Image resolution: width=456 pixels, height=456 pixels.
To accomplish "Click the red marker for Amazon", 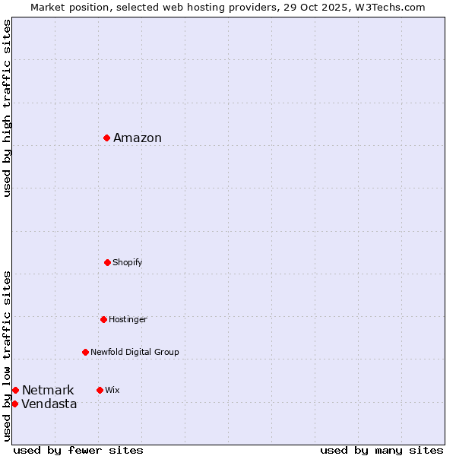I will pyautogui.click(x=107, y=138).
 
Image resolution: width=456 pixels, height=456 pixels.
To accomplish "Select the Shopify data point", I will pyautogui.click(x=107, y=262).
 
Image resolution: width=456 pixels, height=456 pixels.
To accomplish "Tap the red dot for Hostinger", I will pyautogui.click(x=103, y=319).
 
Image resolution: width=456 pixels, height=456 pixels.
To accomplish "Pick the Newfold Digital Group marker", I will pyautogui.click(x=85, y=352).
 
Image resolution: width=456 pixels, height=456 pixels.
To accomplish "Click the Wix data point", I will pyautogui.click(x=100, y=390).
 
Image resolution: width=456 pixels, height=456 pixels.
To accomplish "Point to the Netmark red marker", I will pyautogui.click(x=15, y=390).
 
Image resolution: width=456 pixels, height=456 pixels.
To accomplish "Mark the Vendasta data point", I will pyautogui.click(x=14, y=404).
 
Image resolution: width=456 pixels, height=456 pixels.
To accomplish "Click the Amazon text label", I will pyautogui.click(x=138, y=138).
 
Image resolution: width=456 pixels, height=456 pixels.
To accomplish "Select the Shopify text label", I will pyautogui.click(x=128, y=262).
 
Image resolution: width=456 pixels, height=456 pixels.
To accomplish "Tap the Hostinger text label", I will pyautogui.click(x=128, y=319).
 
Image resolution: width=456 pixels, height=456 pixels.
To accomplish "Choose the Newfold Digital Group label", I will pyautogui.click(x=135, y=352).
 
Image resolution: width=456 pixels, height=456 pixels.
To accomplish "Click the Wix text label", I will pyautogui.click(x=112, y=390).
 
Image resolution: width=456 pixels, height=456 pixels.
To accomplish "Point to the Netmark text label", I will pyautogui.click(x=48, y=390).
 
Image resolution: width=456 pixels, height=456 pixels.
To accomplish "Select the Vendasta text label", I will pyautogui.click(x=49, y=404).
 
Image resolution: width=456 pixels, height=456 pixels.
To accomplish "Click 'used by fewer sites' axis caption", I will pyautogui.click(x=78, y=450).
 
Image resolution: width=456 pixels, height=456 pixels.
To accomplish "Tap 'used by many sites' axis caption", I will pyautogui.click(x=382, y=450).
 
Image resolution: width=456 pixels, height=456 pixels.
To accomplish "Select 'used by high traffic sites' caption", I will pyautogui.click(x=7, y=108).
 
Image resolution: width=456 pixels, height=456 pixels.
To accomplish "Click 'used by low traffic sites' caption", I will pyautogui.click(x=7, y=356).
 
